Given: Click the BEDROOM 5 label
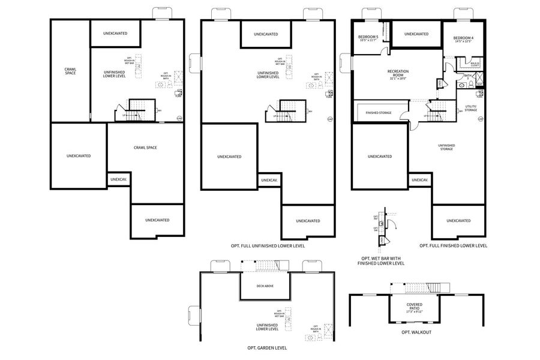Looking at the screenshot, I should (x=368, y=37).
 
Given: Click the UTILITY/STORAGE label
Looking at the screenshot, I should (x=471, y=109).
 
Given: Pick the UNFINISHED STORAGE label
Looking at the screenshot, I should (x=446, y=146).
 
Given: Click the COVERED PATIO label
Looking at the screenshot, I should (x=414, y=307).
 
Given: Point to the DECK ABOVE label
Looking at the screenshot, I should (x=265, y=286).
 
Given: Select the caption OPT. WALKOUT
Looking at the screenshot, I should (x=416, y=332).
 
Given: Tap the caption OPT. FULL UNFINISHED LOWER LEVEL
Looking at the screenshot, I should (x=268, y=245).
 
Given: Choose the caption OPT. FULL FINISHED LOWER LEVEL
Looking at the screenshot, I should (x=453, y=245).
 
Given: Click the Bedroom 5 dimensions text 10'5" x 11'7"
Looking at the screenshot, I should (x=368, y=41).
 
